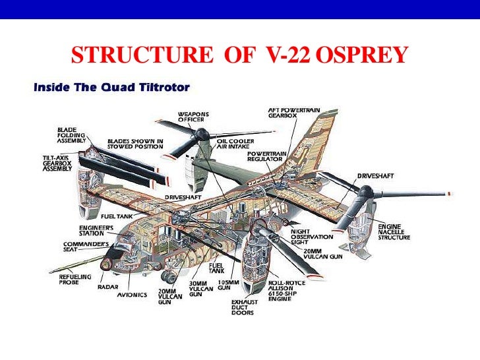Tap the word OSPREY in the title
click(362, 57)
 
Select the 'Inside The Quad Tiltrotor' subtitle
click(111, 87)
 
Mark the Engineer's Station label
click(96, 230)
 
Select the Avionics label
click(132, 295)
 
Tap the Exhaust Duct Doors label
click(243, 307)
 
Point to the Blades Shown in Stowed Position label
click(136, 144)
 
